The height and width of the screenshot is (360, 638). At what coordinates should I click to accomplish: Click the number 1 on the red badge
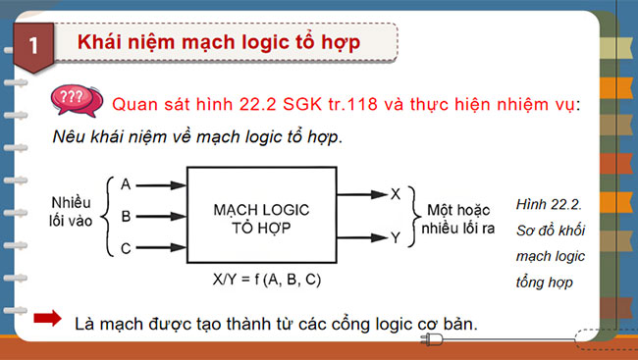(34, 45)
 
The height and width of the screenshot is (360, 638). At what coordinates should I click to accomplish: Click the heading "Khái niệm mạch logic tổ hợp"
(218, 43)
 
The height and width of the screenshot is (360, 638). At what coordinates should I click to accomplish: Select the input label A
(126, 183)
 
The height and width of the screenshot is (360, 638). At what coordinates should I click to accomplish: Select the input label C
(126, 247)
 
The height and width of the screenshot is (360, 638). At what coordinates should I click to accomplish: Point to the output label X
(395, 193)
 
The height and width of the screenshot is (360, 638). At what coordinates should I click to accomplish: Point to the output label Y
(395, 236)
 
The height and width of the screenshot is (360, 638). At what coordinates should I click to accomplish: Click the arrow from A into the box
(160, 184)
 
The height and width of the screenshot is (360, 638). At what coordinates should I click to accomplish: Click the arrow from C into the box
(160, 248)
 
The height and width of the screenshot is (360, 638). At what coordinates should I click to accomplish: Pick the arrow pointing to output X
(361, 194)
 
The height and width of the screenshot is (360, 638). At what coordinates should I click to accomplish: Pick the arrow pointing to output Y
(361, 236)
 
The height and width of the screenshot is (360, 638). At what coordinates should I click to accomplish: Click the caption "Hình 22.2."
(549, 205)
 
